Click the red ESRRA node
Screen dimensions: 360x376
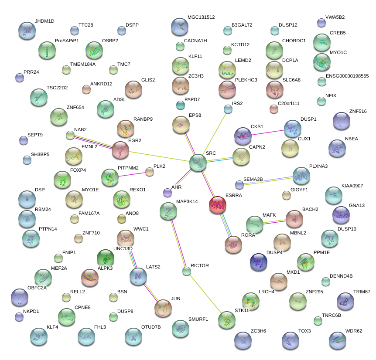(217, 204)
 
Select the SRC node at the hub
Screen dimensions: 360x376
(198, 163)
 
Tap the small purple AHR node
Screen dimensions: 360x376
(167, 192)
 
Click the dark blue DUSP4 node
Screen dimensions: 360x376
(258, 262)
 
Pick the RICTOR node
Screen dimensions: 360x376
(187, 271)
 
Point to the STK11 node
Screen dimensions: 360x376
(227, 319)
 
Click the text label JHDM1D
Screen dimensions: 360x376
(44, 21)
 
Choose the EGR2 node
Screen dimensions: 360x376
(120, 149)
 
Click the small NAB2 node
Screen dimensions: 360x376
(70, 135)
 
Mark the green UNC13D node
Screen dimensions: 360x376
(105, 258)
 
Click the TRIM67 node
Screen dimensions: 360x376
(345, 301)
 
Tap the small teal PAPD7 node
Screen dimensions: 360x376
(181, 105)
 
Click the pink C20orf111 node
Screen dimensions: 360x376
(274, 109)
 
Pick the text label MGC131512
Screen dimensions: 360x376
(201, 17)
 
